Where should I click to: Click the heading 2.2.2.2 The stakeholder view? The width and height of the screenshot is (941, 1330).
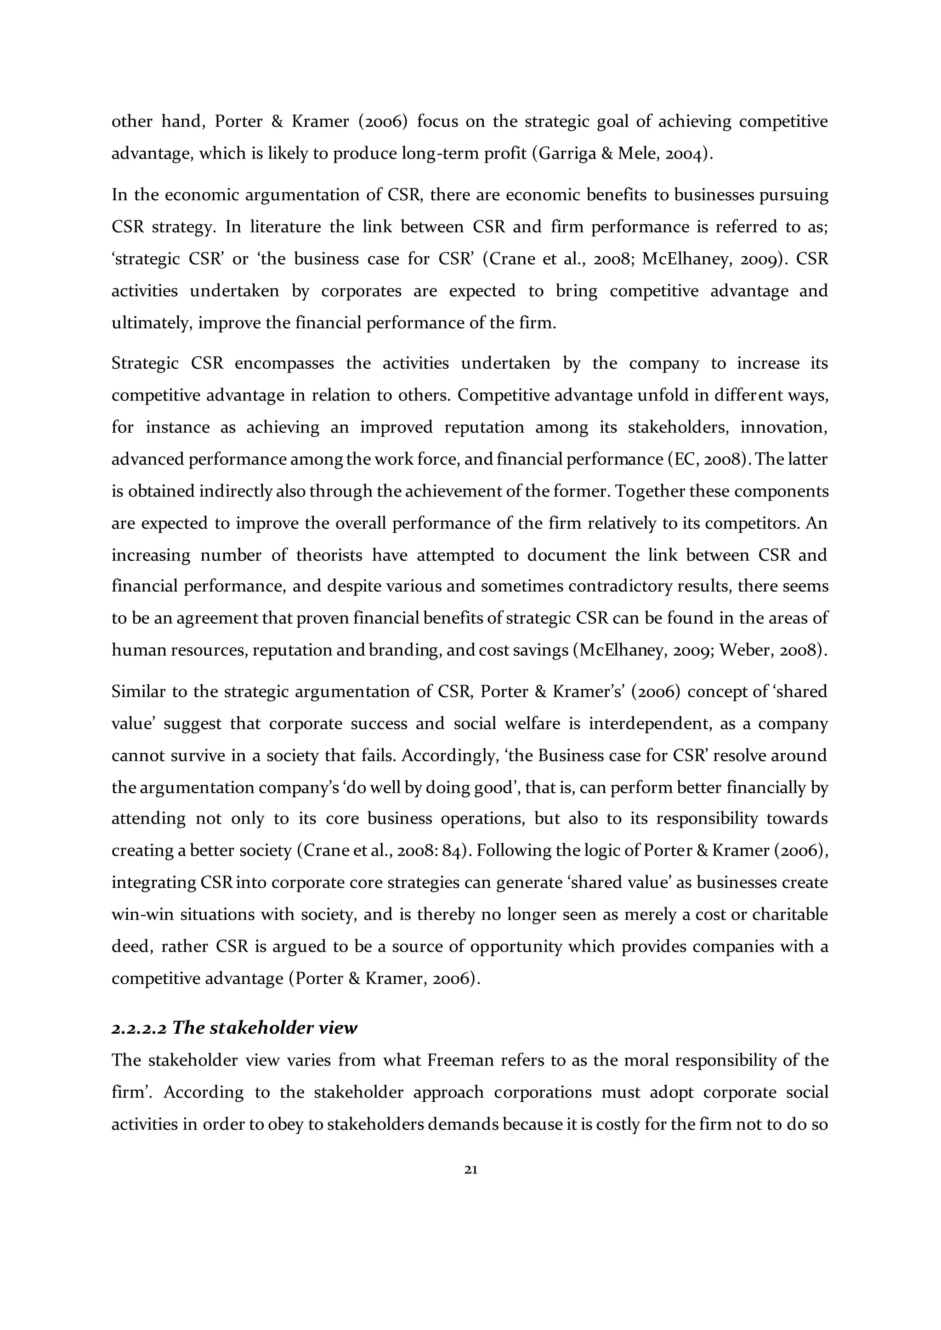(x=234, y=1028)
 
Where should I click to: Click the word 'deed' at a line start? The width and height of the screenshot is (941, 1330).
(x=129, y=947)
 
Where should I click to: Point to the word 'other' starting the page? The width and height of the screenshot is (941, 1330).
(x=131, y=122)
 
